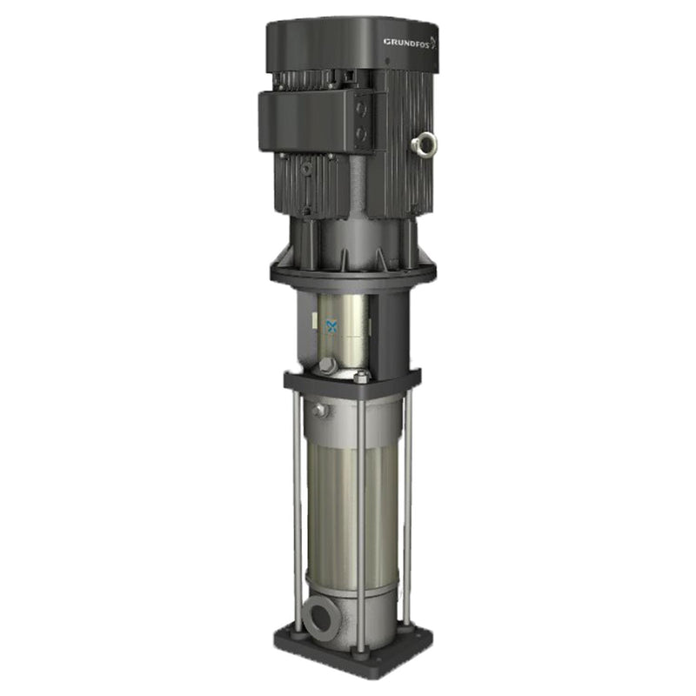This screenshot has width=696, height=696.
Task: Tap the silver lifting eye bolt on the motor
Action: pyautogui.click(x=425, y=144)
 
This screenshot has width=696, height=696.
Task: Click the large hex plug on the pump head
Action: pyautogui.click(x=327, y=366)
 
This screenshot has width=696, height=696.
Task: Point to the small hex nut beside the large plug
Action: pyautogui.click(x=361, y=377)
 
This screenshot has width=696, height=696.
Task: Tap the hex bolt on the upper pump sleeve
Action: pyautogui.click(x=320, y=410)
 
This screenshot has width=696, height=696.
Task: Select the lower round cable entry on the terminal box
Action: pyautogui.click(x=360, y=136)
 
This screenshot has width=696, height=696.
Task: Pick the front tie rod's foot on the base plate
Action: pyautogui.click(x=359, y=645)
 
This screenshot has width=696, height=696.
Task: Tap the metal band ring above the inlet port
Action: pyautogui.click(x=348, y=588)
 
